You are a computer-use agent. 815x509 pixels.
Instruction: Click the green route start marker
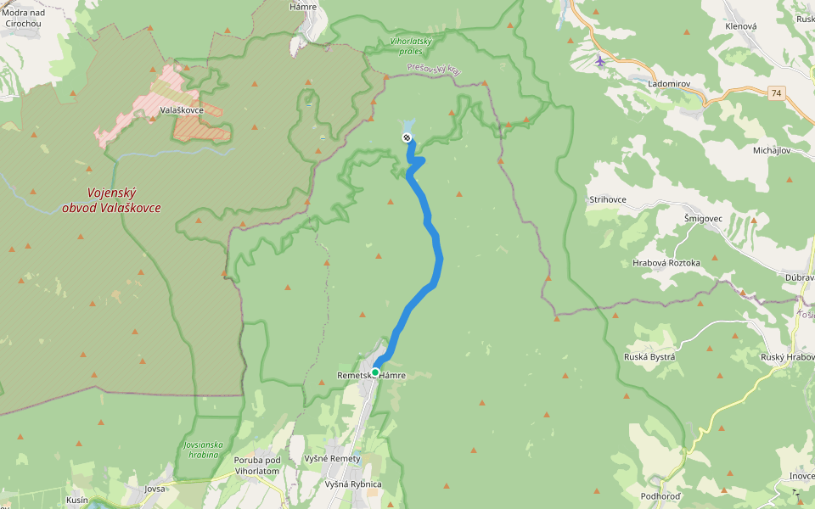[x=374, y=372]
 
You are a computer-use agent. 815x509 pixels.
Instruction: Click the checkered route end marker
[x=407, y=137]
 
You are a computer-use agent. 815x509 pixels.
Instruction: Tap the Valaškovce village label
[x=182, y=110]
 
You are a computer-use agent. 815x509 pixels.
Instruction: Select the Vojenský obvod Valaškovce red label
[x=111, y=200]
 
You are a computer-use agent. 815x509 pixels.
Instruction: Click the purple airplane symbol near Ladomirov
[x=600, y=60]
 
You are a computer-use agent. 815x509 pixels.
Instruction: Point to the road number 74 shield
[x=777, y=93]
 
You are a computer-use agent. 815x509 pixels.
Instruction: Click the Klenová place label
[x=740, y=26]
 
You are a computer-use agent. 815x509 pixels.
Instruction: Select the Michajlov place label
[x=772, y=150]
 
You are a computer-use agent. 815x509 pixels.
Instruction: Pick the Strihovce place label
[x=608, y=199]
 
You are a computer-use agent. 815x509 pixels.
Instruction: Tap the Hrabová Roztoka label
[x=666, y=263]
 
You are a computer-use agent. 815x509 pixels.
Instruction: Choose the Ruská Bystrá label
[x=649, y=357]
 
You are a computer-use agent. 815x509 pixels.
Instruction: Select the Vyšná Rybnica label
[x=353, y=484]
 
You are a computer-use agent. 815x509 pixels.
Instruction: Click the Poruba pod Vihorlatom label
[x=256, y=465]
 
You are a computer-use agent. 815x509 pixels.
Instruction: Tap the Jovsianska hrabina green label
[x=203, y=449]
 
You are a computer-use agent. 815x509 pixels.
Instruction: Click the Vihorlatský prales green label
[x=412, y=46]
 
